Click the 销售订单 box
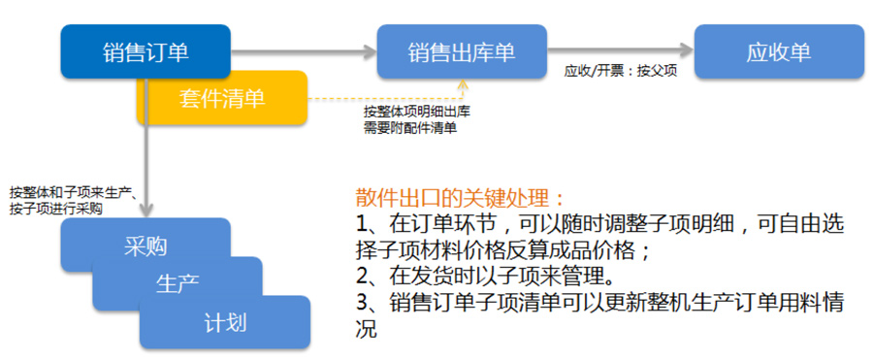point(145,51)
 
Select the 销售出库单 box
point(462,51)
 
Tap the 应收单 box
point(779,51)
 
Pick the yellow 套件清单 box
point(222,98)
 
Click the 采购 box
point(145,245)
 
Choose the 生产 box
point(178,283)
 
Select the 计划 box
point(224,323)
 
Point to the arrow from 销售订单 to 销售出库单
point(304,51)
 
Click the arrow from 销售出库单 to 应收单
point(620,50)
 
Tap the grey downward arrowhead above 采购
point(145,211)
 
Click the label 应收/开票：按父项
point(621,72)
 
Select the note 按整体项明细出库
point(417,111)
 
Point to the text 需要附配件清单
point(410,126)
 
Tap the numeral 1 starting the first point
point(360,225)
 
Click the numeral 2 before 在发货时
point(361,277)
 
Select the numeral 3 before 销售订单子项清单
point(361,303)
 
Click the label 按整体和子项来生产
point(70,194)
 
